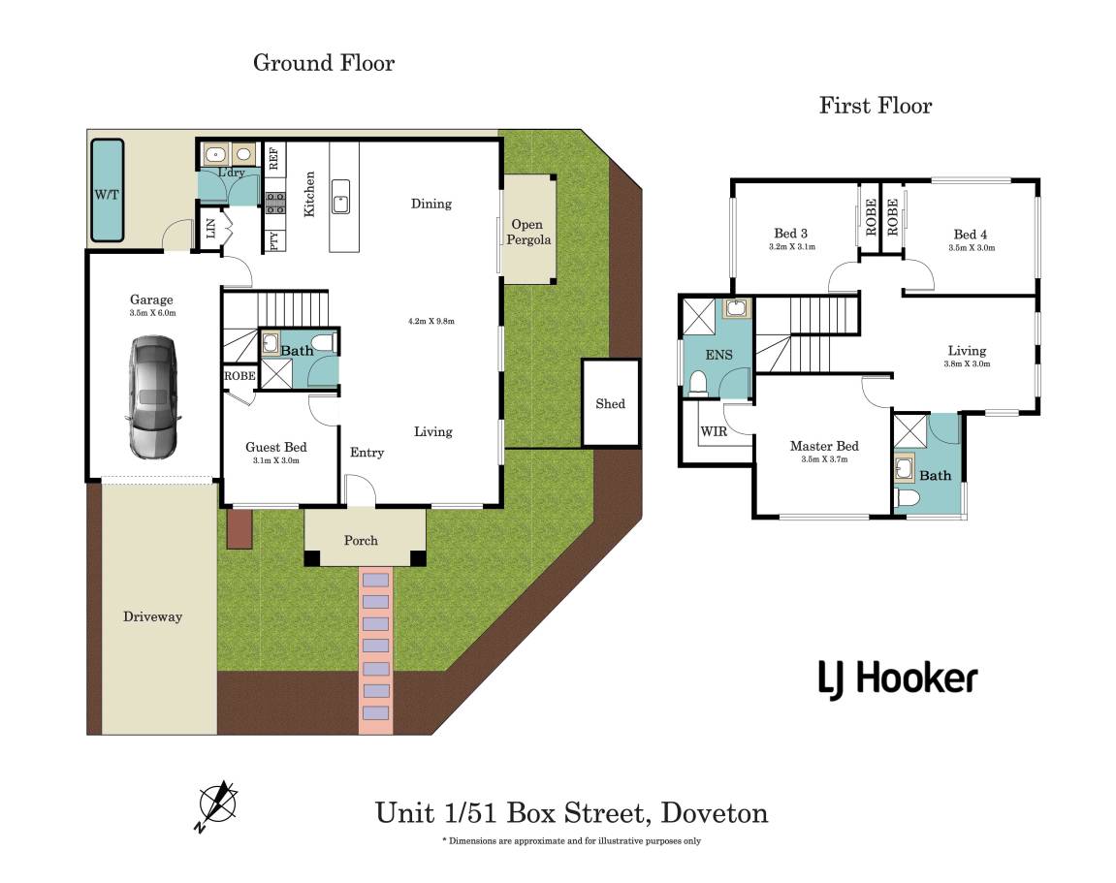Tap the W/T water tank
click(x=107, y=192)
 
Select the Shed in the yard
click(x=611, y=403)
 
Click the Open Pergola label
click(x=528, y=232)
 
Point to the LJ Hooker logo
click(x=897, y=678)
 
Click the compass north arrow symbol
click(x=217, y=804)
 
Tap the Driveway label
click(x=152, y=616)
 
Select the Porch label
click(x=361, y=540)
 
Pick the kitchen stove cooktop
click(x=275, y=203)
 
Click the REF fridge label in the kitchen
click(x=274, y=159)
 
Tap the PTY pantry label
click(x=274, y=241)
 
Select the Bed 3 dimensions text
click(x=790, y=247)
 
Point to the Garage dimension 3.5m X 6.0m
click(x=152, y=313)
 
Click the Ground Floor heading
click(x=324, y=63)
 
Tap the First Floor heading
click(x=875, y=105)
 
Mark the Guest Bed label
click(x=275, y=447)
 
